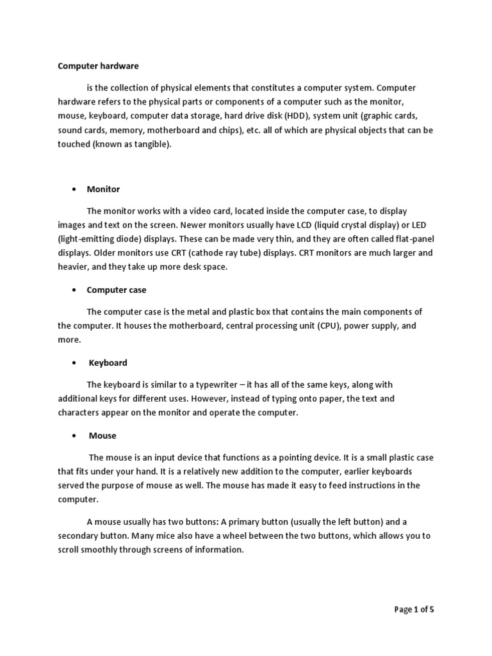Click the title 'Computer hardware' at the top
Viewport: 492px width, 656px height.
point(98,66)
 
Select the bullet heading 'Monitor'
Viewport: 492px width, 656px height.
point(104,190)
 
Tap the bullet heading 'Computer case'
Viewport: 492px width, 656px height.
point(117,290)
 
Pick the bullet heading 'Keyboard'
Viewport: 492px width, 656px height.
point(108,363)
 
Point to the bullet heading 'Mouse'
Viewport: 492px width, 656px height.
point(102,436)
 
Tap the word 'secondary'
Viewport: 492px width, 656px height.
point(79,536)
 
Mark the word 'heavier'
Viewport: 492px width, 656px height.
point(74,267)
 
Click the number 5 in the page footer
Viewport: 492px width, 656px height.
point(432,610)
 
